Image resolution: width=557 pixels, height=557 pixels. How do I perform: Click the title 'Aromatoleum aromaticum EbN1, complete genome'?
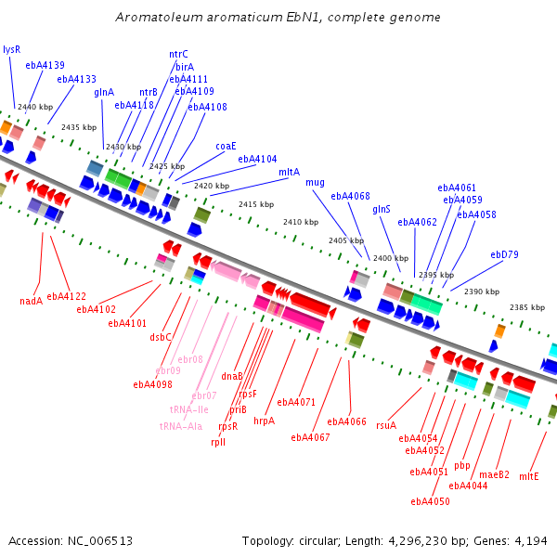pyautogui.click(x=278, y=18)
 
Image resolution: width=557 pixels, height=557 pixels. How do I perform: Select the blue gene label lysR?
pyautogui.click(x=11, y=49)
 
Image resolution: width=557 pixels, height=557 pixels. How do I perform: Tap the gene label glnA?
pyautogui.click(x=104, y=92)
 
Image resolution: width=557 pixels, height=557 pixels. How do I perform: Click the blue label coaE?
pyautogui.click(x=226, y=146)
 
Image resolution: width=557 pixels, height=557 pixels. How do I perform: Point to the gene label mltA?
pyautogui.click(x=289, y=172)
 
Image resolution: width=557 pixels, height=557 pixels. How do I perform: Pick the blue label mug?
pyautogui.click(x=316, y=182)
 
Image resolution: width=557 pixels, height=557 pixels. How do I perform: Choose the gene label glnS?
pyautogui.click(x=382, y=209)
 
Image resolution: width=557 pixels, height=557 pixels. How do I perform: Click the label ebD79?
pyautogui.click(x=504, y=254)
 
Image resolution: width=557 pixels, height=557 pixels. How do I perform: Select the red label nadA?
pyautogui.click(x=32, y=301)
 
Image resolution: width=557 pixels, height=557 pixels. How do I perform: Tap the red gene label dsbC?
pyautogui.click(x=161, y=337)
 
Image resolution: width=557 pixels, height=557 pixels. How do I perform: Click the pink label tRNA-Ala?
pyautogui.click(x=180, y=426)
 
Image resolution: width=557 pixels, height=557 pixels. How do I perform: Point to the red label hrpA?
pyautogui.click(x=265, y=421)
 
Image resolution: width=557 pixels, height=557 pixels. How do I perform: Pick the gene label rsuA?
pyautogui.click(x=386, y=425)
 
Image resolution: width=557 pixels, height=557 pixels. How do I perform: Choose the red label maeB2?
pyautogui.click(x=494, y=474)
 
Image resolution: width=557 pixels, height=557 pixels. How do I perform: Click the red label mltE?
pyautogui.click(x=529, y=476)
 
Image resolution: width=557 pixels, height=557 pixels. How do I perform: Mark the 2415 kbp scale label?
pyautogui.click(x=256, y=204)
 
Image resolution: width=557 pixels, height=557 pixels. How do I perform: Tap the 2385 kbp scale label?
pyautogui.click(x=526, y=307)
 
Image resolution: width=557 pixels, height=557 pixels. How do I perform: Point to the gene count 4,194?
pyautogui.click(x=531, y=540)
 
